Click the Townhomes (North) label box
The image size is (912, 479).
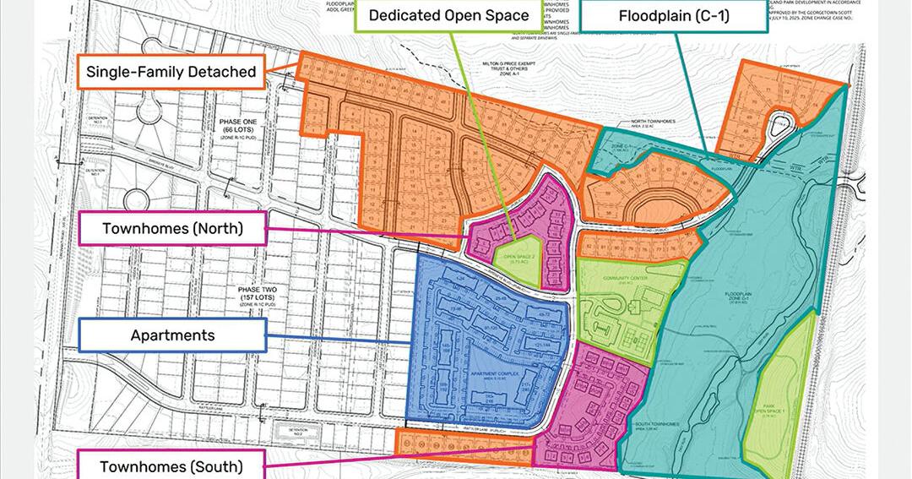pyautogui.click(x=172, y=228)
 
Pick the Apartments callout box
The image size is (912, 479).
pyautogui.click(x=172, y=335)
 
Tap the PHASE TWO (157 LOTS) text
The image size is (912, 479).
pyautogui.click(x=240, y=295)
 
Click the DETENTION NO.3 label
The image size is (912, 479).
pyautogui.click(x=99, y=121)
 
